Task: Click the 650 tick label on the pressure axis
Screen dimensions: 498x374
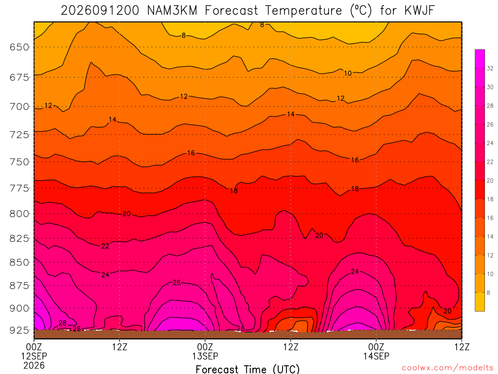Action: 19,47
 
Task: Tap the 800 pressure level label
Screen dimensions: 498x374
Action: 19,213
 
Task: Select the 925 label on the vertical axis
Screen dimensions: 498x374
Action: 19,330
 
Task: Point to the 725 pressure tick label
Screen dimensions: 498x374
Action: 19,134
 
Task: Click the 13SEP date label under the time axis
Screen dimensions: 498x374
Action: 205,356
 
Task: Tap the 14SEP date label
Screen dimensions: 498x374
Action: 376,356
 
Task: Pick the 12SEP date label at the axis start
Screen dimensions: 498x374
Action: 34,356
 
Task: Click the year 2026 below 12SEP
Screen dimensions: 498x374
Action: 34,365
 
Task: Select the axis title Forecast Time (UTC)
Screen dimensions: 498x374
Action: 248,369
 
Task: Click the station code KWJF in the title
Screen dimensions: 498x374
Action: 419,11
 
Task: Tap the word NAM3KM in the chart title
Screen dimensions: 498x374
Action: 172,11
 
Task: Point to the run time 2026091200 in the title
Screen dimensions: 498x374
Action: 100,11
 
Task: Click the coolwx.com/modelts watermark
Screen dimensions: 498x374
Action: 447,368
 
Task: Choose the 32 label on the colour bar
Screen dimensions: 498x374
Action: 490,68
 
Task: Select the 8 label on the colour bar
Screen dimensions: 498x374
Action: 488,293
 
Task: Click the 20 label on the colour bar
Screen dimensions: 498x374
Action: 490,180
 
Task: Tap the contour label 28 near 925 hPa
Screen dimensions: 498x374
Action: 63,323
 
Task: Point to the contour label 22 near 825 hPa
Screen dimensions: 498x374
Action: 105,246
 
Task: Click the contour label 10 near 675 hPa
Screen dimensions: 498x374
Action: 348,73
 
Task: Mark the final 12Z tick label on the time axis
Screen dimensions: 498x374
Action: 462,347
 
